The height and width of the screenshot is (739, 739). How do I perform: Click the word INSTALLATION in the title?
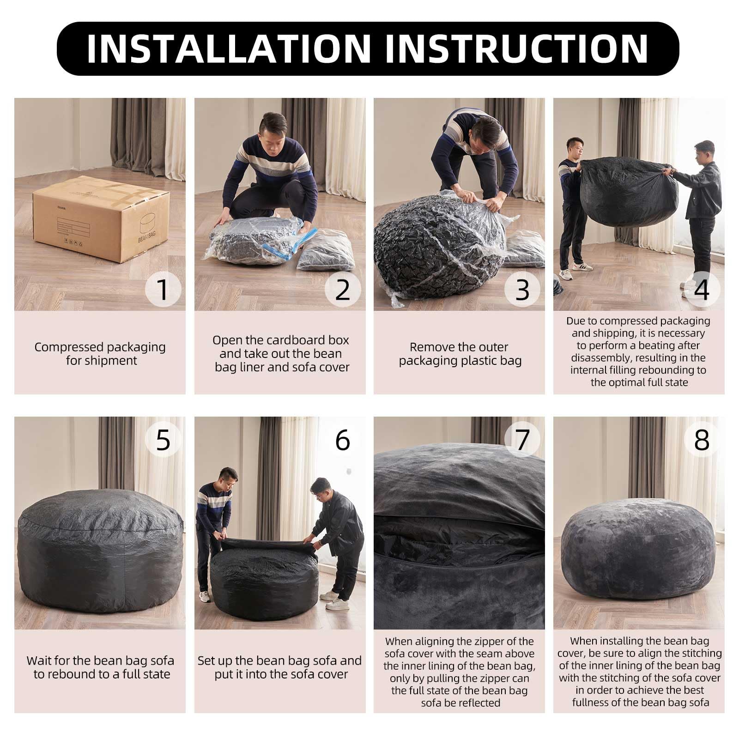coord(229,48)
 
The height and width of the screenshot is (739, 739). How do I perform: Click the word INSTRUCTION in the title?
coord(517,48)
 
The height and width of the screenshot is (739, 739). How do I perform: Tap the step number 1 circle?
coord(163,290)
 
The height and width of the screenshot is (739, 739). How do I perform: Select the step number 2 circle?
coord(343,290)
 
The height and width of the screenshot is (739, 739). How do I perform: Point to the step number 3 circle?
coord(522,290)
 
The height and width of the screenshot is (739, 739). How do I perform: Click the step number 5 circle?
coord(163,440)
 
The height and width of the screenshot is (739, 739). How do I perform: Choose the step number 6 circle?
coord(343,440)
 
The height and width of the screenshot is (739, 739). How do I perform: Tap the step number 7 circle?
coord(522,440)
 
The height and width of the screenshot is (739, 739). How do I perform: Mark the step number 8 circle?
coord(702,440)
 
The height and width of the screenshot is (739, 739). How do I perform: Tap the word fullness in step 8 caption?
coord(591,703)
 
